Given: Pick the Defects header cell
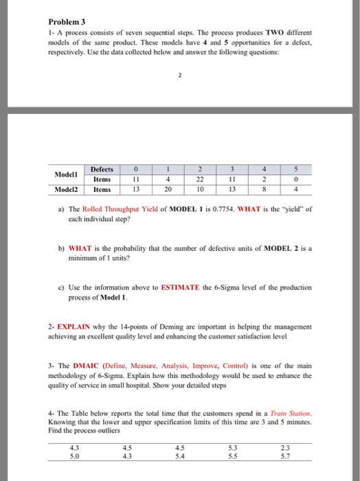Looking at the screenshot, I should click(x=102, y=169).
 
